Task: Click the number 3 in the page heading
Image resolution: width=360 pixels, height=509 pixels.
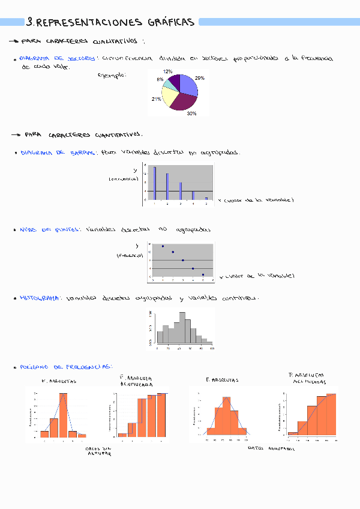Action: [30, 22]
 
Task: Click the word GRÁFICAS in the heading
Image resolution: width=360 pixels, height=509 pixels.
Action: [170, 22]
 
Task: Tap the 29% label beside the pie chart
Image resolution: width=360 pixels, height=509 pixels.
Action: [200, 78]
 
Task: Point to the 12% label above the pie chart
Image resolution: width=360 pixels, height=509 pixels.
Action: [168, 71]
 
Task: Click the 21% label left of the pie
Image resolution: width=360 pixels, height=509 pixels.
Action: [156, 99]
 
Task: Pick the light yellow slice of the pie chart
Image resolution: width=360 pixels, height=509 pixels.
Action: [170, 97]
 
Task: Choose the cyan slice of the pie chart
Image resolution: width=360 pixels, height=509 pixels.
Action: [170, 85]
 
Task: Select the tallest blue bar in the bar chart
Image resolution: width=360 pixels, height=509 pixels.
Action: [154, 183]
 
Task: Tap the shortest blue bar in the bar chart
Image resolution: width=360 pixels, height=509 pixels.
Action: [206, 198]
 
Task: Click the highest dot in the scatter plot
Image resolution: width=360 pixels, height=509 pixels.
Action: [163, 246]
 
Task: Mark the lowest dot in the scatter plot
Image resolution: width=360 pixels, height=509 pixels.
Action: [203, 274]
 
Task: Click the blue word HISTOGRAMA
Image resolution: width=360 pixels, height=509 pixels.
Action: [40, 298]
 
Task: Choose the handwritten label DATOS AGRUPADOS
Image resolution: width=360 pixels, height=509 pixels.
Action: [271, 448]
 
